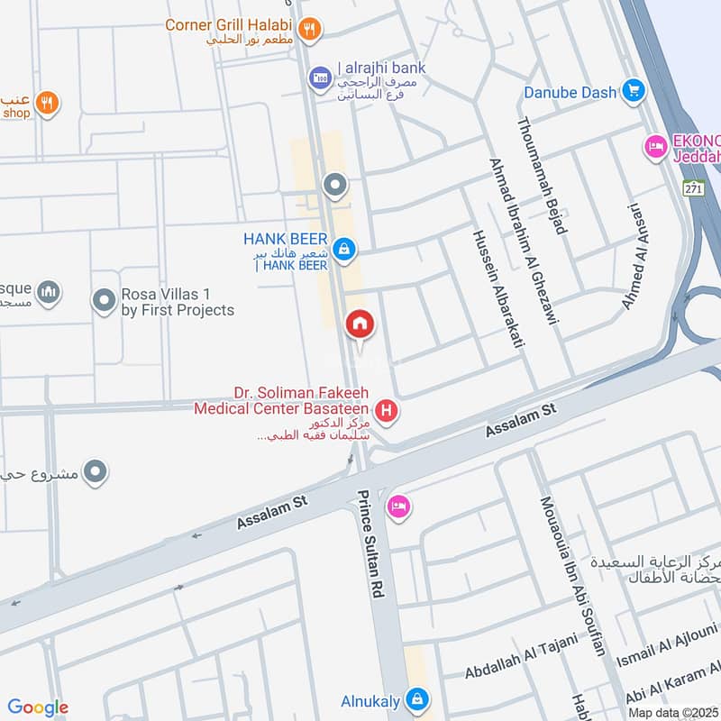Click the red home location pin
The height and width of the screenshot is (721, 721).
pos(360,324)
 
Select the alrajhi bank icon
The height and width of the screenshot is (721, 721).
pos(319,78)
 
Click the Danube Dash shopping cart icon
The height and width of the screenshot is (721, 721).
pos(634,91)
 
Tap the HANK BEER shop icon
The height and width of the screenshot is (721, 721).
pos(343,249)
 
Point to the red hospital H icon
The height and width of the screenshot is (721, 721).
pos(388,412)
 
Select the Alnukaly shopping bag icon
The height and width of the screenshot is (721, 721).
pos(416,698)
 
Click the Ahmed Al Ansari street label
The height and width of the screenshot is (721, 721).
pos(634,256)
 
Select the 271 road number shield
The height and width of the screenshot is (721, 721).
pos(692,189)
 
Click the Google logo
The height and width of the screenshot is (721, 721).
pos(38,707)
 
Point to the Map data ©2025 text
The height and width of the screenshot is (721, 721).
pos(671,712)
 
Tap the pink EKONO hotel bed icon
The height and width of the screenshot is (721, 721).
pos(654,145)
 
